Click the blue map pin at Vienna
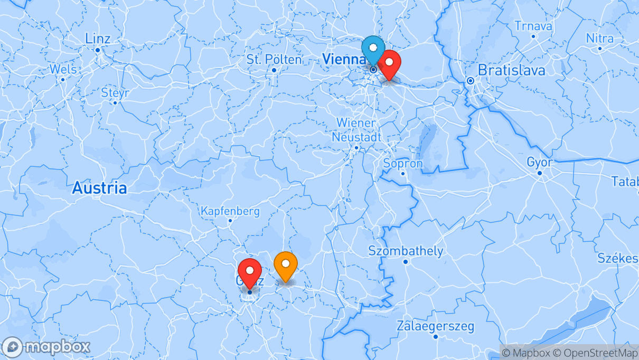373,51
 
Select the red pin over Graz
250,271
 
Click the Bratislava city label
511,70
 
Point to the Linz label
98,39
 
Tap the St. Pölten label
274,60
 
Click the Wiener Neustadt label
356,130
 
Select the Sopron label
403,164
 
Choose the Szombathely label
406,251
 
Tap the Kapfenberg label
230,212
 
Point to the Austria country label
99,188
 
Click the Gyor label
539,163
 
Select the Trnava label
533,26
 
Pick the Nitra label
599,39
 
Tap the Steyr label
115,93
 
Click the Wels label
63,70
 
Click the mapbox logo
46,347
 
